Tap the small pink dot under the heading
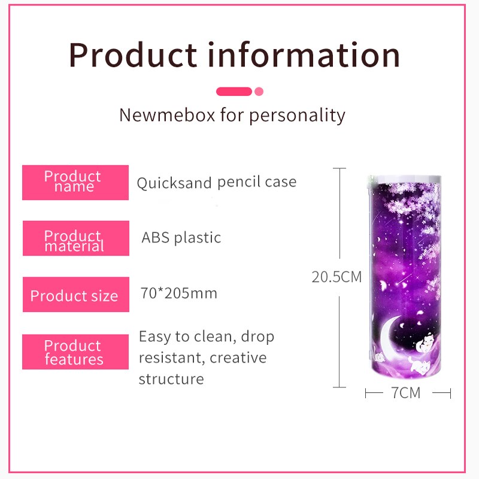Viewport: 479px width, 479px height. (259, 92)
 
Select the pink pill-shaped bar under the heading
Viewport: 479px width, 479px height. (234, 92)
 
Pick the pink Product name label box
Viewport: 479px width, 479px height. (75, 182)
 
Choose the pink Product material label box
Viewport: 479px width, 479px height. (75, 238)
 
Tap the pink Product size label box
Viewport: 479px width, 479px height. (75, 295)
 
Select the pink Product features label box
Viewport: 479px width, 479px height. (75, 352)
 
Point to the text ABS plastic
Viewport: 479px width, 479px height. (181, 238)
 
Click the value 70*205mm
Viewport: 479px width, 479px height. (180, 293)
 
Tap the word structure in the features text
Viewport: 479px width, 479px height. (171, 379)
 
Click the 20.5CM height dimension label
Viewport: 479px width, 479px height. (336, 277)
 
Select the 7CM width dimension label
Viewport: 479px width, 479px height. (406, 393)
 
